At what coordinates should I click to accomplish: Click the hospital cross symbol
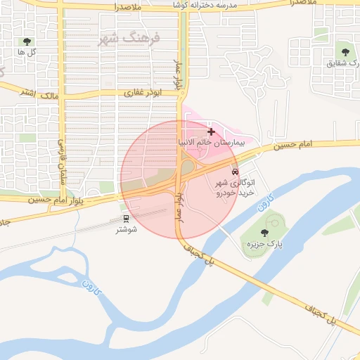211,131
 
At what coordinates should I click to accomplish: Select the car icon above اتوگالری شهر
234,172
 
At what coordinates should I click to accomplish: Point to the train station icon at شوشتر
127,219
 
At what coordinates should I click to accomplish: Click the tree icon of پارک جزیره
264,233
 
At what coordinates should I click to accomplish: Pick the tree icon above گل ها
27,42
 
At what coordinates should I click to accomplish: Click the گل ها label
27,53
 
